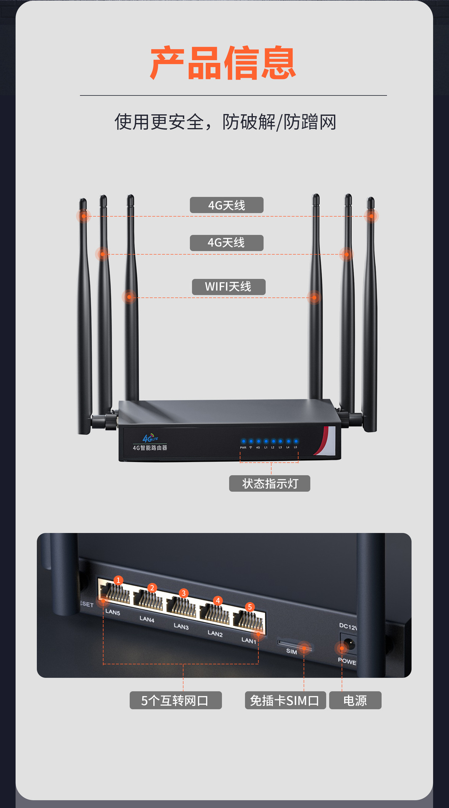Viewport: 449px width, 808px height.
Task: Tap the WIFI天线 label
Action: pos(228,287)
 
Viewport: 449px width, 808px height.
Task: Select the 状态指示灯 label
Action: pos(270,484)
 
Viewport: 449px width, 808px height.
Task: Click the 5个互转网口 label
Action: pos(175,700)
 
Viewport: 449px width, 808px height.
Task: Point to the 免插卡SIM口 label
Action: pos(285,700)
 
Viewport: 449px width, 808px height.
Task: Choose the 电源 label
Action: pos(355,700)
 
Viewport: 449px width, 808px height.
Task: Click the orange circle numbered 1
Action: pos(118,580)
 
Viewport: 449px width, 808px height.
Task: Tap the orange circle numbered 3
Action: pos(183,593)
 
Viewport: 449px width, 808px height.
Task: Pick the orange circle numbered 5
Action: pos(250,607)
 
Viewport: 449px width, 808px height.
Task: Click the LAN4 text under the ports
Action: pos(147,619)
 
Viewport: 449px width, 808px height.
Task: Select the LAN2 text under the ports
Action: pos(215,633)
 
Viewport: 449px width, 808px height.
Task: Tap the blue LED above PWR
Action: pos(243,441)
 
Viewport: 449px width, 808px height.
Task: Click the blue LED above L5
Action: pos(296,441)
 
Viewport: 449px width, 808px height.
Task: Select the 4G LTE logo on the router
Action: pos(150,438)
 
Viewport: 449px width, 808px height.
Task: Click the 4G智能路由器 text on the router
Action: pos(150,448)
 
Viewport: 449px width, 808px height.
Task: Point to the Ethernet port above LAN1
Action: pos(249,621)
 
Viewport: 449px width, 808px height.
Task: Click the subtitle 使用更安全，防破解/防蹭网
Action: pos(225,122)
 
